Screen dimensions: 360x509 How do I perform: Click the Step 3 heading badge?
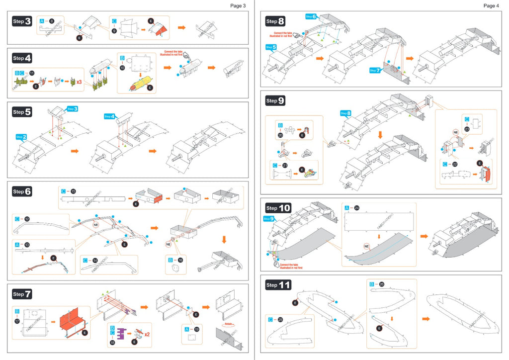coord(22,21)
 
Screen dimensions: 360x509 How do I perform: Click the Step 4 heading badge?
coord(22,58)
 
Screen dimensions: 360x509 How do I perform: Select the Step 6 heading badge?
coord(22,191)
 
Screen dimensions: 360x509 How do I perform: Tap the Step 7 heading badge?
coord(22,294)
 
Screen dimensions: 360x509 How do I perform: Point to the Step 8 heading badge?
coord(275,21)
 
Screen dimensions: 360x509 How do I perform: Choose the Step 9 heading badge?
coord(275,101)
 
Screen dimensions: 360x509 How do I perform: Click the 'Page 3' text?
coord(238,6)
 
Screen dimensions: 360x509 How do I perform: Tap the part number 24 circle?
coord(360,208)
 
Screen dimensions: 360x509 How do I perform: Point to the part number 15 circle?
coord(73,191)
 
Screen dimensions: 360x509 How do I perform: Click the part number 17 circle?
coord(17,322)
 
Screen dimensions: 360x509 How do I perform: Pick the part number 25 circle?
coord(280,319)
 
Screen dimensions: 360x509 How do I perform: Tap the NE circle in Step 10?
coord(366,246)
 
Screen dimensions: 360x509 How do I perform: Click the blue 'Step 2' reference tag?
coord(20,137)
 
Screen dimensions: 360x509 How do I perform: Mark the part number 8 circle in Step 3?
coord(51,21)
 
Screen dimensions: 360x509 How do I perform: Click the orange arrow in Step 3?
coord(181,27)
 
